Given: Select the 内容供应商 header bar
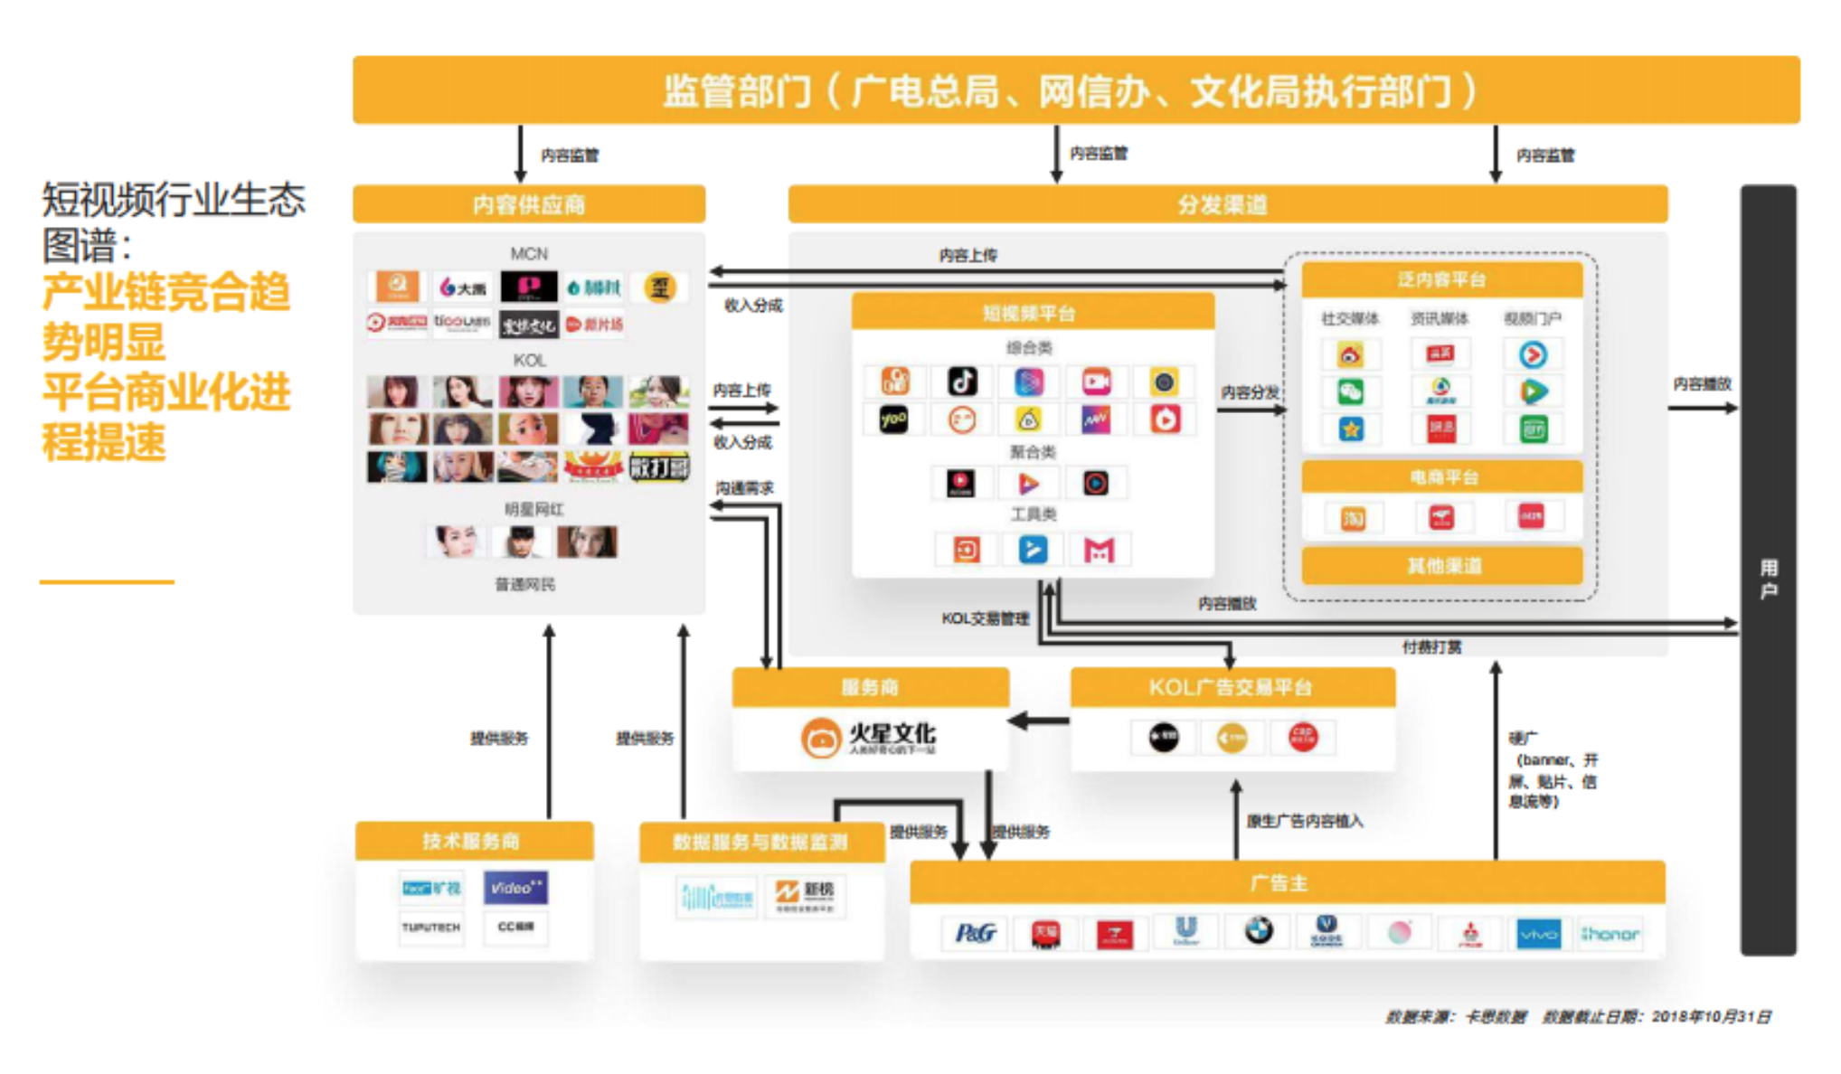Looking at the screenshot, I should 528,204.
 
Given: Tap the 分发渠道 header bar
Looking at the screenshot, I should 1226,204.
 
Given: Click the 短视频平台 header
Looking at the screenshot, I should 1031,313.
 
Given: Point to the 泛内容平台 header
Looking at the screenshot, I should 1441,279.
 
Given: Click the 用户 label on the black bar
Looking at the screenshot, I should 1768,579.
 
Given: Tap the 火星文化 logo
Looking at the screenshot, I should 868,737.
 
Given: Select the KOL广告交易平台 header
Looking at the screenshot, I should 1232,687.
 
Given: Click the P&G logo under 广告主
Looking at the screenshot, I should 976,932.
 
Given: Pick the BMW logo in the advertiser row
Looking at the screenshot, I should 1258,930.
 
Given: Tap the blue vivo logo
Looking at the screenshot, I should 1538,934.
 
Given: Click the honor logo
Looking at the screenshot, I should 1610,934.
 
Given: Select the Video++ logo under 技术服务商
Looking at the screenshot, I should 515,888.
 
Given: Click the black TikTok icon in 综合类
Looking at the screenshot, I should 961,382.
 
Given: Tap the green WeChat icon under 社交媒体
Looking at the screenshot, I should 1350,392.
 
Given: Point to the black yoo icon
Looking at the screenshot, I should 893,419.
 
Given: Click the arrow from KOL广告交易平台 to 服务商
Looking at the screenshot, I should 1039,721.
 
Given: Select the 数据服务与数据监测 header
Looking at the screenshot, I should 760,842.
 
